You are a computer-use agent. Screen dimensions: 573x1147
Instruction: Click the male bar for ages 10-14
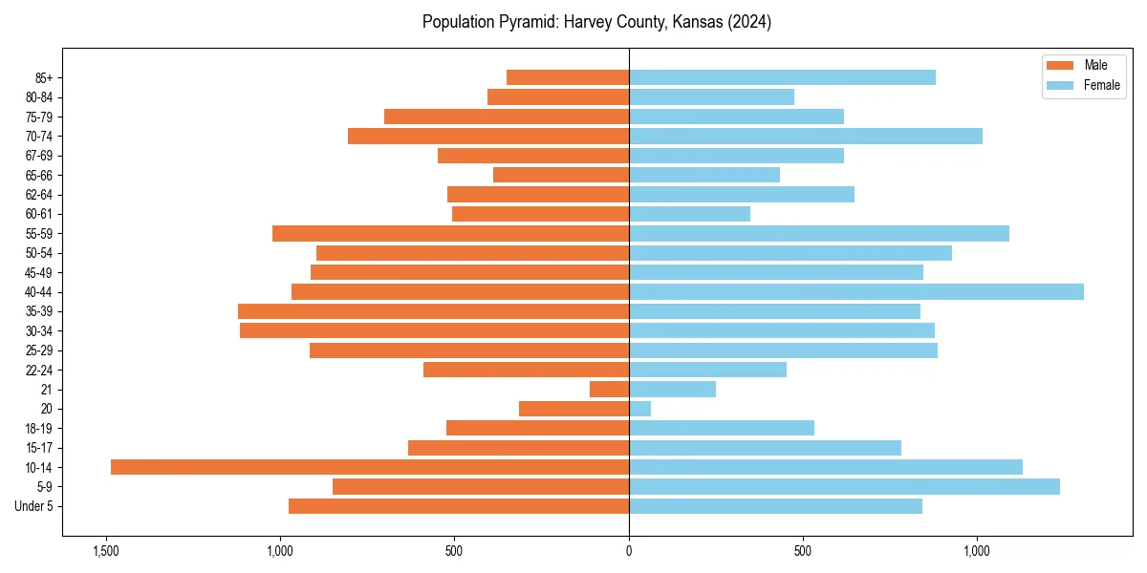(x=369, y=467)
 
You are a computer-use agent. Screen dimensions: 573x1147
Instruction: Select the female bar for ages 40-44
(x=855, y=291)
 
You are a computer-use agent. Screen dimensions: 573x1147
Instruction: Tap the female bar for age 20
(x=639, y=409)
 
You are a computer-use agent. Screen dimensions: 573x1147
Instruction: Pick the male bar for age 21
(x=609, y=389)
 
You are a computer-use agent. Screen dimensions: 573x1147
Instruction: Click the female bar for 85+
(x=782, y=77)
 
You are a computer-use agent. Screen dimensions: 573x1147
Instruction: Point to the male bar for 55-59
(x=450, y=233)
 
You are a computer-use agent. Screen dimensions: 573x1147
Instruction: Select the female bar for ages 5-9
(x=844, y=486)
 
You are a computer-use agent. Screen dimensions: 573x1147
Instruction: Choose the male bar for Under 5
(x=459, y=506)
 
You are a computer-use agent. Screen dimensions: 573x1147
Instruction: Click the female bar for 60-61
(x=689, y=214)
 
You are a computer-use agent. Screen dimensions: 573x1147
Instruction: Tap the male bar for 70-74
(x=488, y=136)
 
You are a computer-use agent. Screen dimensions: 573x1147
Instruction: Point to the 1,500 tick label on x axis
(x=105, y=551)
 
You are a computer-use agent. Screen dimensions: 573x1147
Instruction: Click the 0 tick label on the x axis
(x=629, y=551)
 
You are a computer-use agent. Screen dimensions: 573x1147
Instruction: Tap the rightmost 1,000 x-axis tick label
(x=977, y=551)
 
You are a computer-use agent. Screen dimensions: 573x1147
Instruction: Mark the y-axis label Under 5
(x=33, y=506)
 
